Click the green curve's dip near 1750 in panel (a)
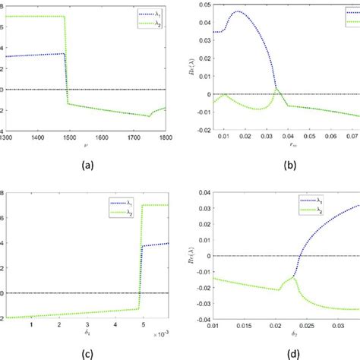tap(150, 115)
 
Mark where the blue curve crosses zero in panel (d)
tap(298, 256)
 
